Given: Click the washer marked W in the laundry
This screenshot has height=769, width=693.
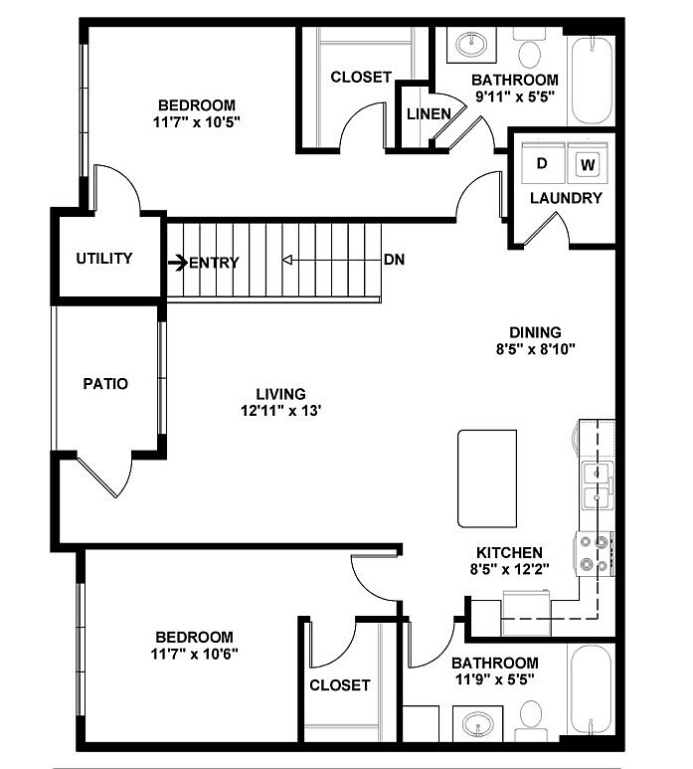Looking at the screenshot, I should point(588,163).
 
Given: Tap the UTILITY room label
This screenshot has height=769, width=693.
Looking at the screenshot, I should point(104,259).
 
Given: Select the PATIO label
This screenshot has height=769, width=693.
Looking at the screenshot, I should point(104,383).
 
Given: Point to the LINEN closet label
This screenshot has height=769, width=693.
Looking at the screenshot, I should point(429,113).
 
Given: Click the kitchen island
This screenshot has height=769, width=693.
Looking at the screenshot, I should point(488,478).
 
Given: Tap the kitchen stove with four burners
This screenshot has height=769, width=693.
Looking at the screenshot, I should point(595,553).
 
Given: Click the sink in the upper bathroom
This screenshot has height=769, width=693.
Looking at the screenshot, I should point(468,44).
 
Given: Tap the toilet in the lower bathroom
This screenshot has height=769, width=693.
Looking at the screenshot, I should point(531,716).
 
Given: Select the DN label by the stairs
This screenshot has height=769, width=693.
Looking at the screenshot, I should point(394,261).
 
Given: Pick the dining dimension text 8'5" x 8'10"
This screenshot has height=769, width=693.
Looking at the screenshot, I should point(536,349).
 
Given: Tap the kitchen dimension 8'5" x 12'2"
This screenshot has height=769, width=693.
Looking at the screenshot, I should point(508,570).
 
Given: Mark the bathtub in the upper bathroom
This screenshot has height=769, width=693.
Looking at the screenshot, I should point(592,80).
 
